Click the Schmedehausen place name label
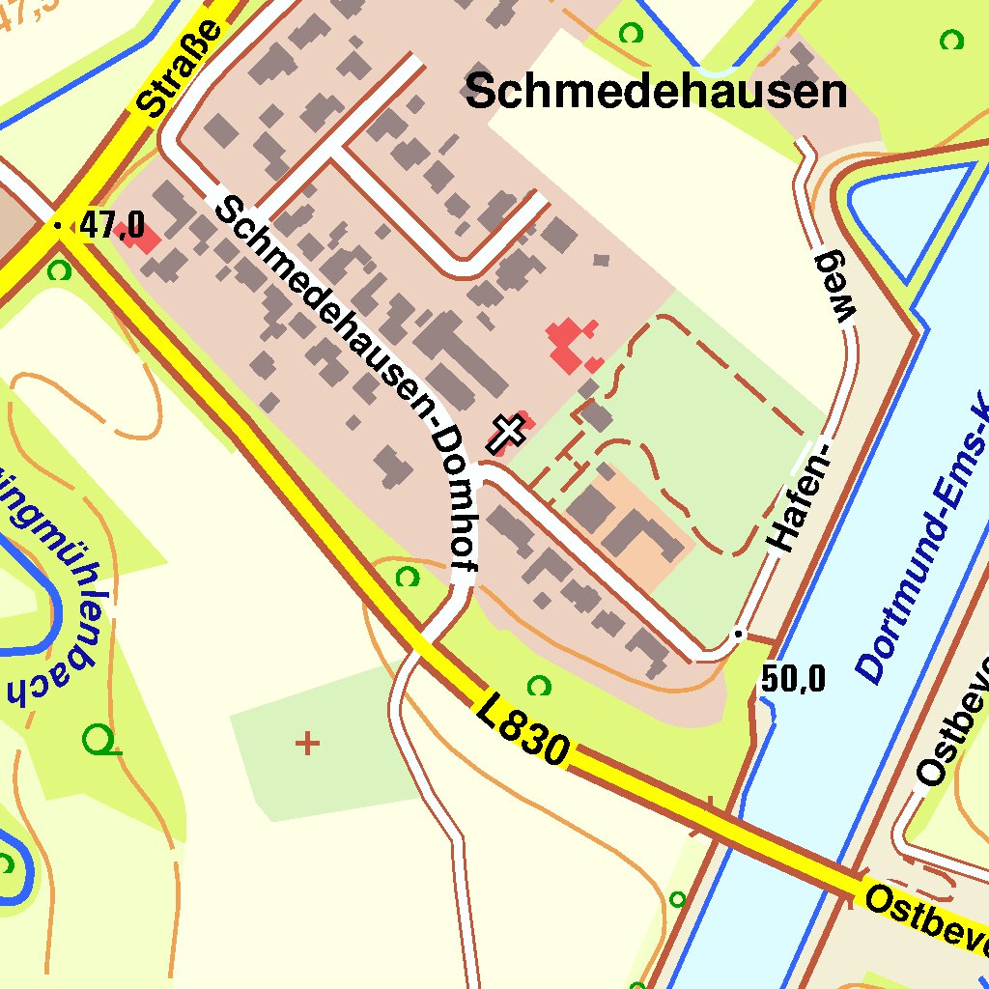[656, 93]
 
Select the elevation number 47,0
[112, 226]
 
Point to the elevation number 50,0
[793, 680]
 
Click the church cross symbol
[507, 432]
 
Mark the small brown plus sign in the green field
[307, 743]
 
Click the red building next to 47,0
[142, 238]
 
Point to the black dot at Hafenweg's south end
[738, 634]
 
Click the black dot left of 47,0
[59, 226]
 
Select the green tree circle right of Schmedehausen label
[952, 40]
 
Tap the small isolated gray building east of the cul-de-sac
[602, 260]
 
